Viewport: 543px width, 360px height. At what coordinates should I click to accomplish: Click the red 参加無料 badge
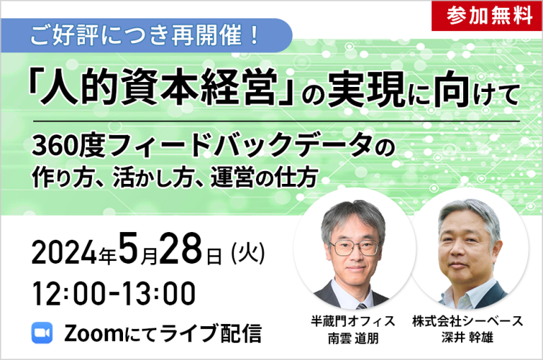[x=487, y=16]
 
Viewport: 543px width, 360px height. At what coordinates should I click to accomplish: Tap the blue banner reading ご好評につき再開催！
[x=146, y=35]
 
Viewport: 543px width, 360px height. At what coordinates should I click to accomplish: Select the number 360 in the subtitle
[x=54, y=146]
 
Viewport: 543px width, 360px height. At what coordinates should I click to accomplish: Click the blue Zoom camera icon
[x=42, y=332]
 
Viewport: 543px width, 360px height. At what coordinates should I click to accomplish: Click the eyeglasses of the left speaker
[x=355, y=248]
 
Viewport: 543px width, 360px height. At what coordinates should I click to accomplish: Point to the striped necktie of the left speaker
[x=361, y=306]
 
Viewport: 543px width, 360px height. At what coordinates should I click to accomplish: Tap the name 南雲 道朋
[x=353, y=338]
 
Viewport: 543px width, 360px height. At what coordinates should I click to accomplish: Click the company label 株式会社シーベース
[x=467, y=322]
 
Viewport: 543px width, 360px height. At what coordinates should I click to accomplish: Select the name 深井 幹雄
[x=467, y=337]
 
